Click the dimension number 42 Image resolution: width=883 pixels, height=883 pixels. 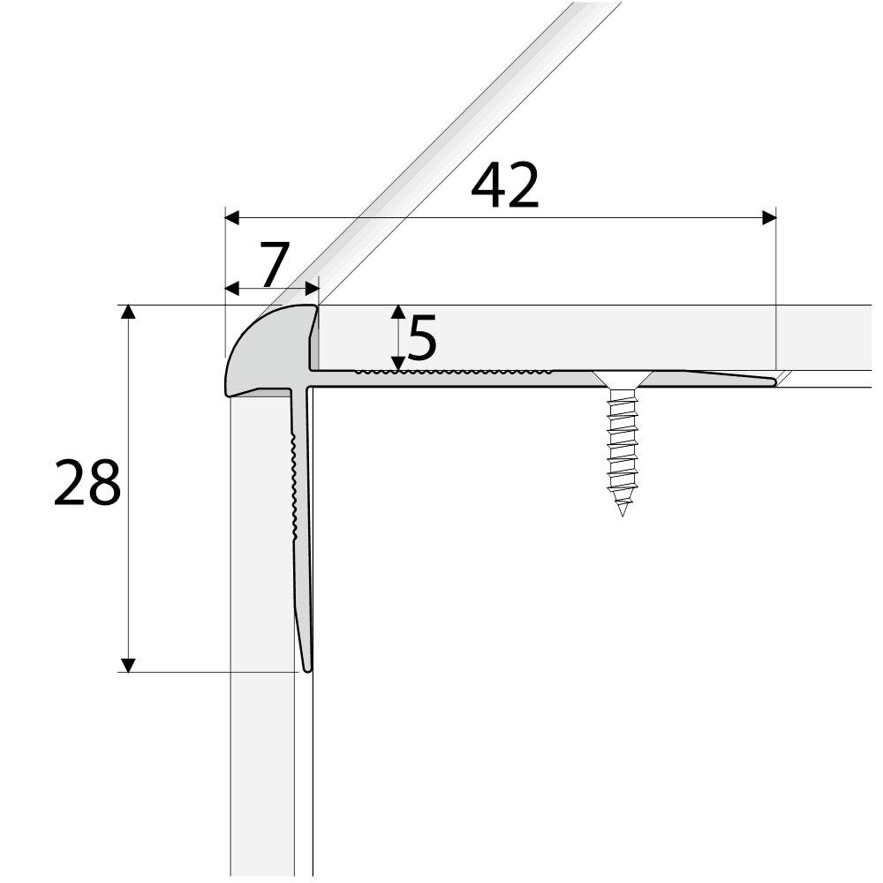tap(504, 187)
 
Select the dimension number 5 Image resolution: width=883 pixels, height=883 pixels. tap(423, 338)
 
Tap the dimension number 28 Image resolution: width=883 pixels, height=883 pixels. tap(87, 484)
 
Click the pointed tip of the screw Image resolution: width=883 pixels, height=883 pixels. tap(623, 513)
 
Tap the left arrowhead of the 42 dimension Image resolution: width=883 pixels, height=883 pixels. tap(233, 215)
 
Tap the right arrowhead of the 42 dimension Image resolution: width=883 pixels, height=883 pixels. tap(768, 215)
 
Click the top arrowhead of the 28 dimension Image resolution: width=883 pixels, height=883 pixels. tap(129, 312)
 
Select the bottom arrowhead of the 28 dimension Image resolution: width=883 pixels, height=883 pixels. tap(129, 664)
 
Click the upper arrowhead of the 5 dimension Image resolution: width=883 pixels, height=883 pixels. tap(398, 312)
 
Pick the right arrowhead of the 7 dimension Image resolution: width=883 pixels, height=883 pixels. tap(311, 288)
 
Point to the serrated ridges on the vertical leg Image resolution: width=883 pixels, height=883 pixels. tap(294, 486)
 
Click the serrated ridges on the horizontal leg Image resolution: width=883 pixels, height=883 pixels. tap(455, 373)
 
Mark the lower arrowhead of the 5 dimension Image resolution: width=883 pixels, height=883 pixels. tap(398, 363)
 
